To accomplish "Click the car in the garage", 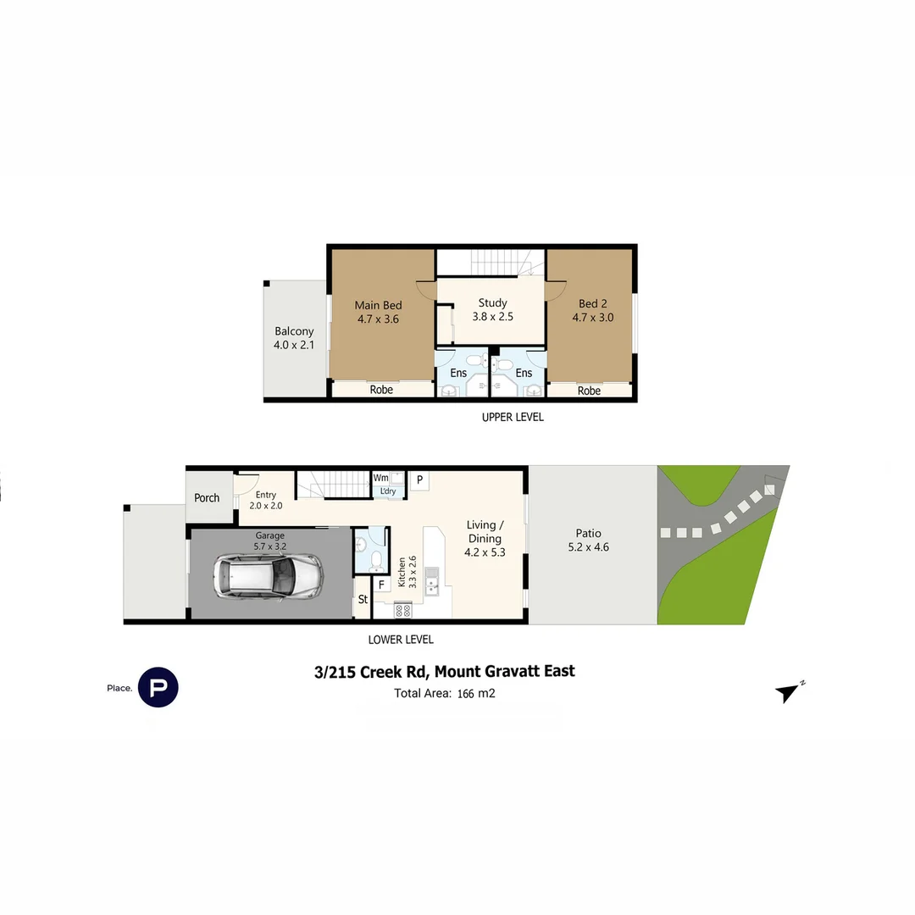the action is [x=269, y=577].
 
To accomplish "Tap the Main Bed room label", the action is [x=378, y=312].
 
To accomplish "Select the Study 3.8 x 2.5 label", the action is [x=492, y=310].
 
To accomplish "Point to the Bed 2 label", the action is [x=593, y=311].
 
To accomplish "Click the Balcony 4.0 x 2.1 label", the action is [x=294, y=338].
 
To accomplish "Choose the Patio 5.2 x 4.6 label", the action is [x=588, y=540].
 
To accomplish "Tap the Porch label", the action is [x=207, y=498].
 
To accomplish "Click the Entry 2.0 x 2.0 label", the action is [x=265, y=500].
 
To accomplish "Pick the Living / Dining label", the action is [x=485, y=539].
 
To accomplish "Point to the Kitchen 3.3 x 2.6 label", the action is [x=408, y=571].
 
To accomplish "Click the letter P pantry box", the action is [x=419, y=480].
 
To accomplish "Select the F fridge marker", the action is [x=381, y=584].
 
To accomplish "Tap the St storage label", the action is [x=363, y=599].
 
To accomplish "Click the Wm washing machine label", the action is [x=381, y=478].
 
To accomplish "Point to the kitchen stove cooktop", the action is [x=403, y=610].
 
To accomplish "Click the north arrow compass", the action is [x=790, y=691].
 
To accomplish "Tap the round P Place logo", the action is [x=158, y=687].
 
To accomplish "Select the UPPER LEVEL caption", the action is [x=513, y=417].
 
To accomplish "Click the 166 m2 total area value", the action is [x=476, y=693].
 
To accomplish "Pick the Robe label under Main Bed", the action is [x=381, y=390].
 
